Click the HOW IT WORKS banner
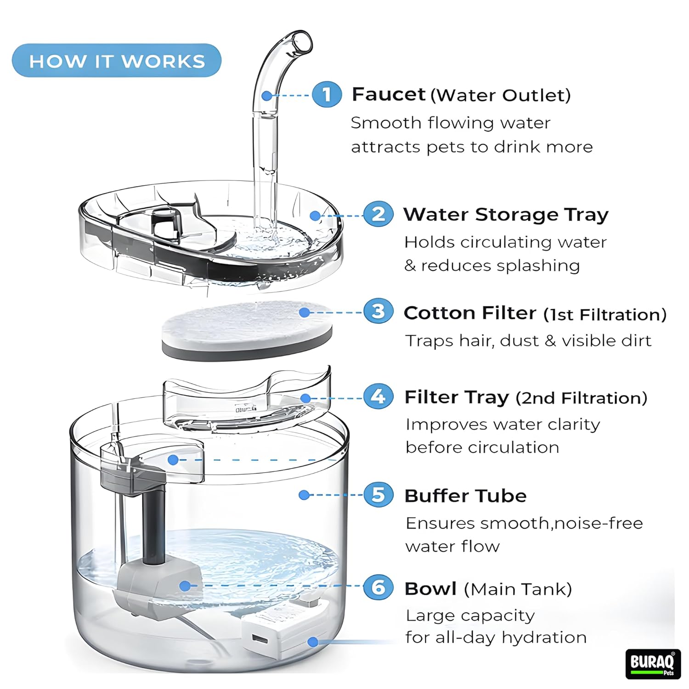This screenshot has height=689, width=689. pos(117,61)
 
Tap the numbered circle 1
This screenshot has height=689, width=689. pos(327,95)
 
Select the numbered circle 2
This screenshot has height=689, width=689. pos(378,214)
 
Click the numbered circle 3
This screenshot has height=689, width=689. pos(378,312)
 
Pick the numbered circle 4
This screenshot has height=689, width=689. pos(378,397)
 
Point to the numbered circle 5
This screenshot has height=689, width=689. pos(378,495)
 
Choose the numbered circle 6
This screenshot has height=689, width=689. pos(378,587)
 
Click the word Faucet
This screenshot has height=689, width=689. pos(388,94)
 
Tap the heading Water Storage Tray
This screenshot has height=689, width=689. pos(506,215)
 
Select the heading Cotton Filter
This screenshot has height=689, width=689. pos(469,313)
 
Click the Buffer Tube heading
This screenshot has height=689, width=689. pos(465,496)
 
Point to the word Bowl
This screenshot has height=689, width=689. pos(430,589)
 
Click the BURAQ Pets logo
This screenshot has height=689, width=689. pos(652,663)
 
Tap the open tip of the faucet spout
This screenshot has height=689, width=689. pos(303,42)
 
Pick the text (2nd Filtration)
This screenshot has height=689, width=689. pos(582,398)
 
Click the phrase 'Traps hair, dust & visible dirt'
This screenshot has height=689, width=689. pos(528,341)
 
